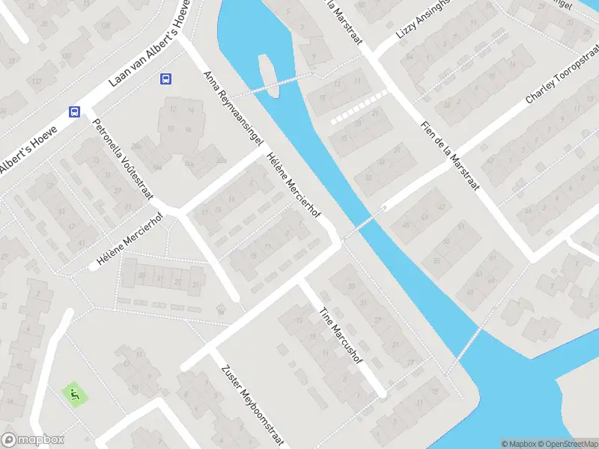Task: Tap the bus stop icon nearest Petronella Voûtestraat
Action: (74, 112)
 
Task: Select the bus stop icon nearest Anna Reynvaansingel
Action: (165, 79)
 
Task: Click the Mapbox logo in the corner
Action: (33, 440)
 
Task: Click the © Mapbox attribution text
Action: (517, 444)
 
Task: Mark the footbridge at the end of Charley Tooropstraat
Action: (364, 224)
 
